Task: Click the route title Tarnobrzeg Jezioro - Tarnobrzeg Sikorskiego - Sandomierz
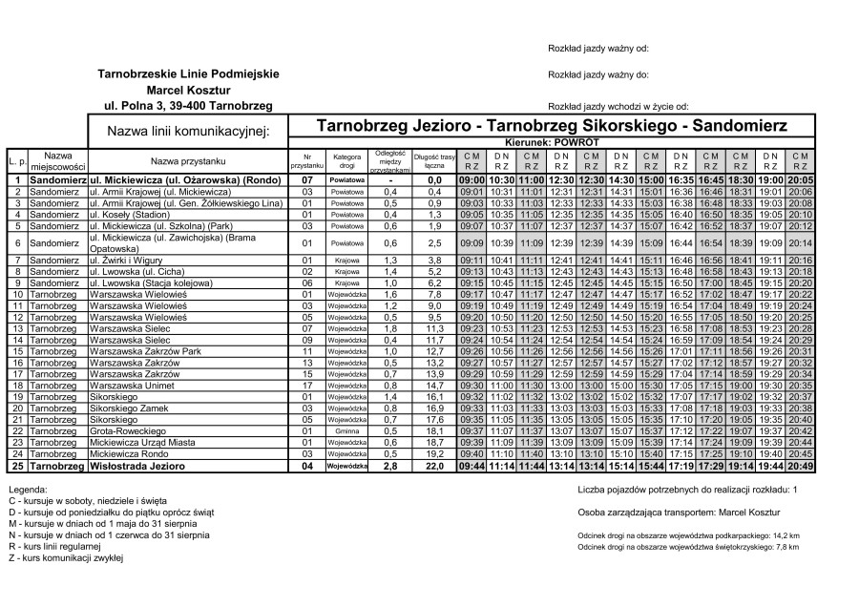tap(551, 125)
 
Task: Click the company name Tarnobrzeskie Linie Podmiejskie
tap(188, 73)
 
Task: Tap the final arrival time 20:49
tap(801, 466)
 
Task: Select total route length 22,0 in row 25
tap(434, 466)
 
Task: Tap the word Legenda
tap(28, 489)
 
